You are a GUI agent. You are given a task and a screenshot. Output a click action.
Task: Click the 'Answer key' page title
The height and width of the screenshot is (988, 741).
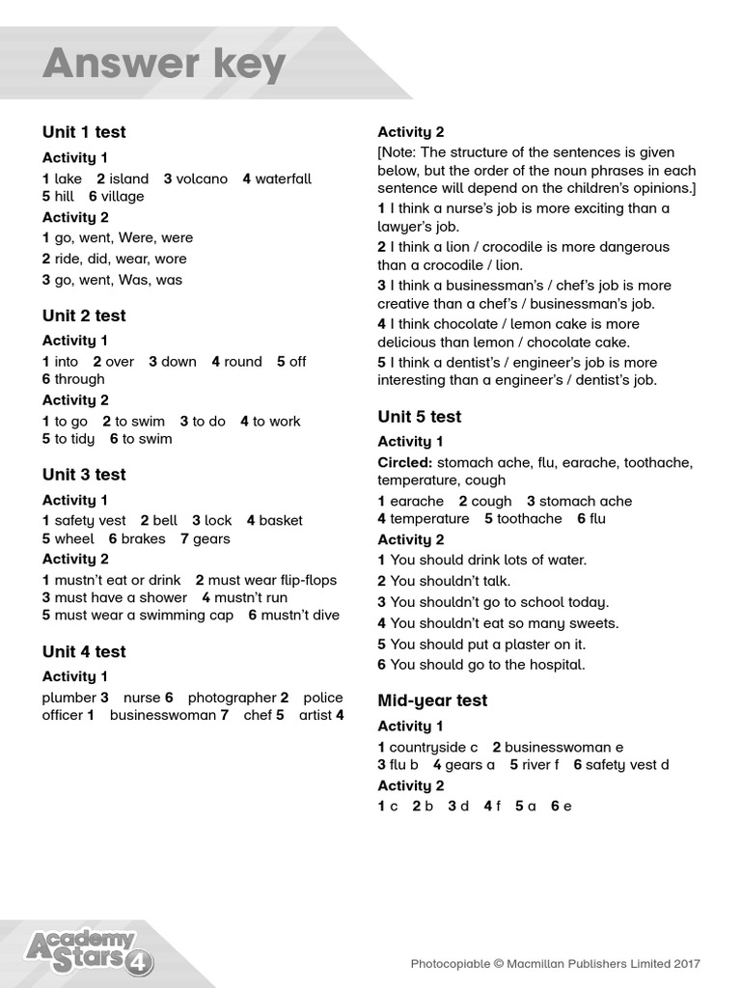pos(164,65)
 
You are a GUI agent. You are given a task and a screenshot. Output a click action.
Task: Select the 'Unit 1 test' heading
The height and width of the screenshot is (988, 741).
pos(84,132)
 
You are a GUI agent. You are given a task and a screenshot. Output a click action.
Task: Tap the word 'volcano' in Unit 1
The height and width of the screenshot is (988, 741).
pos(202,178)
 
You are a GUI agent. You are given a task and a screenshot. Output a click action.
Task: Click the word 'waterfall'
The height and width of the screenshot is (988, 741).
pos(284,178)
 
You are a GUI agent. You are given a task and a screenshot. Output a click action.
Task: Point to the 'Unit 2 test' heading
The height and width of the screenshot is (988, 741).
pos(84,316)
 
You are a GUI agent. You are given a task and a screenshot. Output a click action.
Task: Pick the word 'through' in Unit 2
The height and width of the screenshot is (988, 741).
pos(79,379)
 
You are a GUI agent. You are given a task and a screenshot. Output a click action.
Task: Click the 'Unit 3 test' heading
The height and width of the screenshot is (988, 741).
pos(84,475)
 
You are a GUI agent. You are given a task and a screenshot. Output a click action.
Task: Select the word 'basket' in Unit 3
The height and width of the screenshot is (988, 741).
pos(281,521)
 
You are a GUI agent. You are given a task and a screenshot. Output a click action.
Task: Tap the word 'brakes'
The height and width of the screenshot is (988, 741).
pos(143,538)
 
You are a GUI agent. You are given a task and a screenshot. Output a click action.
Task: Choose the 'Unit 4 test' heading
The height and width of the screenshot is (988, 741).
pos(84,652)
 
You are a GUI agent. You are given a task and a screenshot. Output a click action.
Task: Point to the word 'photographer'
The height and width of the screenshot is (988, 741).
pos(232,698)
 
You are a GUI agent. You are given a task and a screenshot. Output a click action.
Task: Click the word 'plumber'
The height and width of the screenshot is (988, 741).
pos(69,698)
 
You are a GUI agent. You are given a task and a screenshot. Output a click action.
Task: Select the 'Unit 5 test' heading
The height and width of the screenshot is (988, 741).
pos(420,417)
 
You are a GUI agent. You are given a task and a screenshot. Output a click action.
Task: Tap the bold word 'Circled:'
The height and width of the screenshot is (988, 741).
pos(405,463)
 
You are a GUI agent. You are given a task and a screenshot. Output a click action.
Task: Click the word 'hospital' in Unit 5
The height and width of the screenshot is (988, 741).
pos(555,665)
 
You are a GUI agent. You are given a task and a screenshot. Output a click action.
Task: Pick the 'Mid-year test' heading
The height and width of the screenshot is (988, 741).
pos(432,700)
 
